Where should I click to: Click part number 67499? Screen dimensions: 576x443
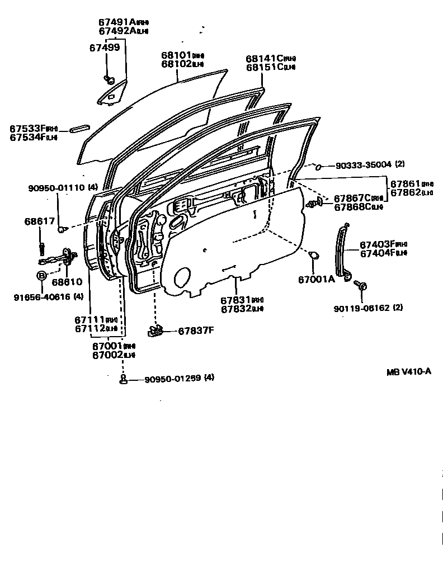(105, 48)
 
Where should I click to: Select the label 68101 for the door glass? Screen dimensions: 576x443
(176, 55)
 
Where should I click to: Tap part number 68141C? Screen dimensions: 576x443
(262, 59)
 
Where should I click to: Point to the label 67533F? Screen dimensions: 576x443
(26, 129)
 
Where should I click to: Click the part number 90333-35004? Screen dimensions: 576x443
(363, 165)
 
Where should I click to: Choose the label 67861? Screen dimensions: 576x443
(405, 183)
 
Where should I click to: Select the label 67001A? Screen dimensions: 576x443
(316, 279)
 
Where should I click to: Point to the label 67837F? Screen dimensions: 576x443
(196, 331)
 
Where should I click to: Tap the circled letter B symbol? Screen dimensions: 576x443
(41, 275)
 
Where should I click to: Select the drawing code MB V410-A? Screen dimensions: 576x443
(408, 372)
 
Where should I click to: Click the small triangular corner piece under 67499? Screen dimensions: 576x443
(112, 94)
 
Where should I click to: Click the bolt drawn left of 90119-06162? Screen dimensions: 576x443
(361, 286)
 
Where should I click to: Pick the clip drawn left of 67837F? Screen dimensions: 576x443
(156, 331)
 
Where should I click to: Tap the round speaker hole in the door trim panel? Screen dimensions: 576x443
(182, 278)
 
